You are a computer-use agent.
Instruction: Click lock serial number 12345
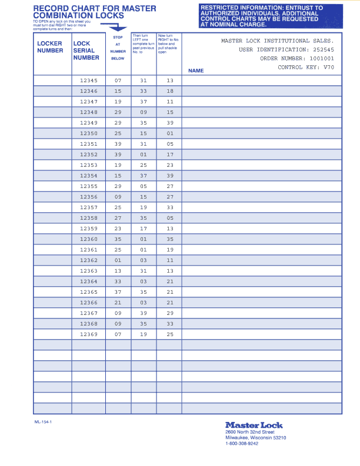89,81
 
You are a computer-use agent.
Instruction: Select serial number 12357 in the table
89,207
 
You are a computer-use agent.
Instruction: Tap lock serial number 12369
89,334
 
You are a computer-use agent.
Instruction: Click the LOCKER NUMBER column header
50,47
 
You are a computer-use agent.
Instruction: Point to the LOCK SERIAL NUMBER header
86,51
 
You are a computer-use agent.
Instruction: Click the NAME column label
196,71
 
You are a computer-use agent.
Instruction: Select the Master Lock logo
254,425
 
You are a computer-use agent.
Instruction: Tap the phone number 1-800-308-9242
242,444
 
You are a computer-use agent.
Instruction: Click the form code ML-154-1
43,421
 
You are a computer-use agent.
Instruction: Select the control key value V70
329,68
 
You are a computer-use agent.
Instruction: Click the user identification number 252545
324,50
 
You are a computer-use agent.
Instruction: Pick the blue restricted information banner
271,16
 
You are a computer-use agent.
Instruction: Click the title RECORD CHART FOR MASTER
95,9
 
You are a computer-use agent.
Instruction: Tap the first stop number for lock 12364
118,281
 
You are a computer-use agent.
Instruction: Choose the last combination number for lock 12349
170,123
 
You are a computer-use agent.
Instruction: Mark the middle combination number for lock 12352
144,155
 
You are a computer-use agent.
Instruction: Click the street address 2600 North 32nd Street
250,432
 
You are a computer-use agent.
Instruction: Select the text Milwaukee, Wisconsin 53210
256,438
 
